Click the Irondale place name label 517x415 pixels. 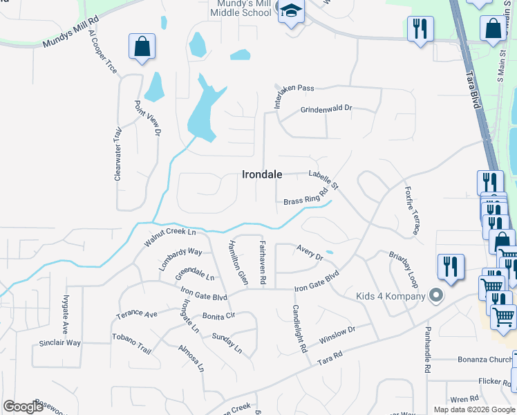coord(262,174)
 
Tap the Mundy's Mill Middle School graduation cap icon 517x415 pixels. coord(291,12)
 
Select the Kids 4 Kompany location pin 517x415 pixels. coord(435,296)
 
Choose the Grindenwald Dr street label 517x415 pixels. coord(326,109)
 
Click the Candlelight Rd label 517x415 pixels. coord(299,329)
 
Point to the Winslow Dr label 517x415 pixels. coord(337,335)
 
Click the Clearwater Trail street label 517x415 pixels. coord(118,154)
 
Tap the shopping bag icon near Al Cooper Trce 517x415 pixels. coord(142,47)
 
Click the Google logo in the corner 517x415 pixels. coord(23,407)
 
